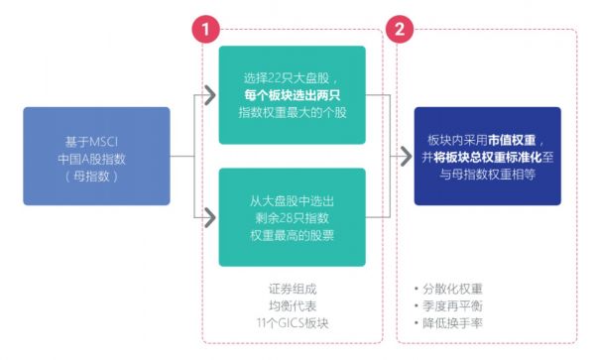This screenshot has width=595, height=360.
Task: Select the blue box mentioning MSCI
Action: coord(96,156)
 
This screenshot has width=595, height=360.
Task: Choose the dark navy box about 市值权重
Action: coord(488,156)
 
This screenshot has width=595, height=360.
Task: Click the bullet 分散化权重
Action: coord(451,289)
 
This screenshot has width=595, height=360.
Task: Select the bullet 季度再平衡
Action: coord(451,306)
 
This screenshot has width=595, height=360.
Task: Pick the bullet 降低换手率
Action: coord(451,323)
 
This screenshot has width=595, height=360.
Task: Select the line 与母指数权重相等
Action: coord(488,174)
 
